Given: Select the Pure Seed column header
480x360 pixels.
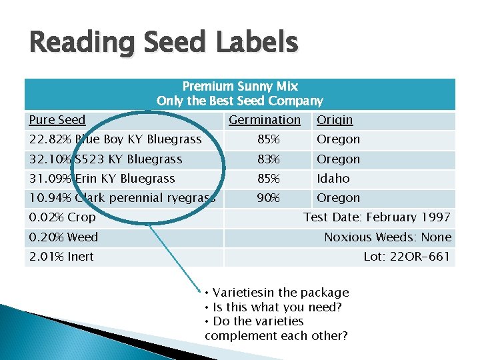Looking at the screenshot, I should click(57, 120).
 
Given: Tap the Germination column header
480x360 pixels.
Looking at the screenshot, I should click(265, 120).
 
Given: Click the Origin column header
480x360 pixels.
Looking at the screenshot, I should click(335, 120).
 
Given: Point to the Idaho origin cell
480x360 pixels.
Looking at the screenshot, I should click(333, 179).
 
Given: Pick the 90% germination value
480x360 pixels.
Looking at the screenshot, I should click(269, 198).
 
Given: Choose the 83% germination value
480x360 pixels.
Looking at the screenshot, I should click(269, 159).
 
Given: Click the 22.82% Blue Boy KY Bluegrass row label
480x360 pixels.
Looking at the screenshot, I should click(115, 139).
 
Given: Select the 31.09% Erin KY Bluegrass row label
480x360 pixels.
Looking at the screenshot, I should click(102, 179).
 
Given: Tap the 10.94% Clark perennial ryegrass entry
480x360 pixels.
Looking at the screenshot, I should click(122, 198).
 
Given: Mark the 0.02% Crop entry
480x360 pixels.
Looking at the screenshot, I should click(63, 217).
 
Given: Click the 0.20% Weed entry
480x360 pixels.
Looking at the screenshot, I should click(63, 237).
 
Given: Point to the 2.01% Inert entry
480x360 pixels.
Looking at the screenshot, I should click(61, 257).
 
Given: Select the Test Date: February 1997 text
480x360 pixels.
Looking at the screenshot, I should click(377, 217).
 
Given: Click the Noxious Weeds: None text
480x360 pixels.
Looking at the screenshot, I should click(387, 237).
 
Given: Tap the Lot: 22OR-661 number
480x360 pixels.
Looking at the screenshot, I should click(407, 257).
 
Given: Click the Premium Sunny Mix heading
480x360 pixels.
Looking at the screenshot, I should click(240, 87).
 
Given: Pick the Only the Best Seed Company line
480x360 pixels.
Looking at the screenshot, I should click(240, 101).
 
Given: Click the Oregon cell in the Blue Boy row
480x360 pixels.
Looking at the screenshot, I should click(338, 139).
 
